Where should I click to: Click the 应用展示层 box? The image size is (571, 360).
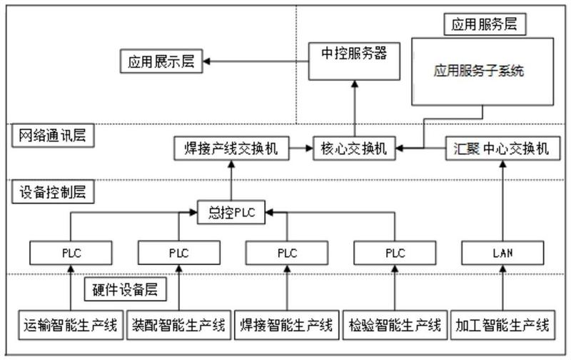coord(161,61)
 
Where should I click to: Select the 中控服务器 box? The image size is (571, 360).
coord(354,61)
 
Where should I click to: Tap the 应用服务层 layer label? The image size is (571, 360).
coord(485,24)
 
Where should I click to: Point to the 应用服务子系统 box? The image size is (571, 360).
coord(482,71)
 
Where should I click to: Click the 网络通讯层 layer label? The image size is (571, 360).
coord(53,136)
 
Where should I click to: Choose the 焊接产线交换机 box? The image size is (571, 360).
coord(231,149)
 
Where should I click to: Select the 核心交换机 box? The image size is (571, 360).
coord(354,149)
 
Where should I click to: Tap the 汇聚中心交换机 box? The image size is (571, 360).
coord(502,149)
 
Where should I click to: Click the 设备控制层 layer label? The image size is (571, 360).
coord(53,191)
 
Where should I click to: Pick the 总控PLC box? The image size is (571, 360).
coord(231,212)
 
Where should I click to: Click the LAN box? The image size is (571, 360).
coord(502,253)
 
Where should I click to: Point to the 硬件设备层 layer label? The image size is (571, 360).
coord(126,290)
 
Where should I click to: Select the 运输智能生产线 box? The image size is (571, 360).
coord(71,325)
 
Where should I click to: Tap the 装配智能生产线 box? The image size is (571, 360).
coord(179,325)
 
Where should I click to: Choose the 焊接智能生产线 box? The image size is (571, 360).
coord(287,325)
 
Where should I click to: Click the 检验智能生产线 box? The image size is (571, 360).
coord(395,325)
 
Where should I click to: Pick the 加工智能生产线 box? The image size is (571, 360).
coord(502,325)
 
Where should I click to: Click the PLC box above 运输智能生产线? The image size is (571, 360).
coord(71,253)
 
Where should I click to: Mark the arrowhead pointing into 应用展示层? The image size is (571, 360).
coord(206,61)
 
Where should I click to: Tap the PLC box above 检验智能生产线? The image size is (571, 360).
coord(395,253)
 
